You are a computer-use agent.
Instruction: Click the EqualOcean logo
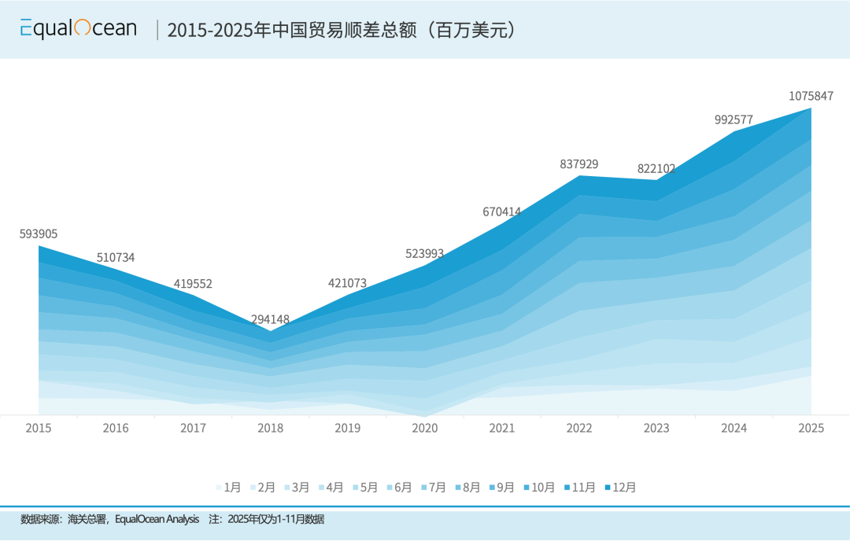(78, 29)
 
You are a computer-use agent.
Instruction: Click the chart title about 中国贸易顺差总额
(342, 31)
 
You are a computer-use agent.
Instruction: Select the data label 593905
(39, 234)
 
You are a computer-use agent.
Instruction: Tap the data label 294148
(270, 319)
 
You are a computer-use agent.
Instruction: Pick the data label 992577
(734, 120)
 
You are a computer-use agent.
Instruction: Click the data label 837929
(579, 164)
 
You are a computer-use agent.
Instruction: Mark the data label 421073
(347, 283)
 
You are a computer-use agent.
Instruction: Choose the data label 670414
(502, 211)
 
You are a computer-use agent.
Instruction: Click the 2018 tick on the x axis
(270, 428)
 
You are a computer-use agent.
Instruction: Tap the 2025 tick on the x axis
(811, 428)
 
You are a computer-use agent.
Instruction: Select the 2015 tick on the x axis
(39, 428)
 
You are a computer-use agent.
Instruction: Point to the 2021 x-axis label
(502, 428)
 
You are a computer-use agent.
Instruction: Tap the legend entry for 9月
(505, 487)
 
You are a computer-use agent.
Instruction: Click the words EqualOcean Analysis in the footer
(157, 520)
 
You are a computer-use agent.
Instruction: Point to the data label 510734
(116, 257)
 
